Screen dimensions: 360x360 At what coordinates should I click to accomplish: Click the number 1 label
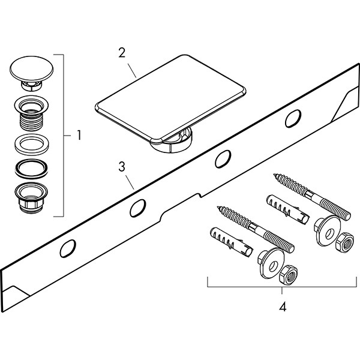[79, 136]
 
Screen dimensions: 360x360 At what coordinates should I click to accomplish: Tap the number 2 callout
[122, 52]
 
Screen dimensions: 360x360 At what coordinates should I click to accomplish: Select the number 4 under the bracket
[282, 307]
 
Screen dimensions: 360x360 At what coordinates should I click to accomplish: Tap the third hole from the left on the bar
[222, 158]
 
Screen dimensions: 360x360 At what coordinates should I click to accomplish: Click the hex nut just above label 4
[286, 275]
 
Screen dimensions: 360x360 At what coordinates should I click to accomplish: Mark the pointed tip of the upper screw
[274, 175]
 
